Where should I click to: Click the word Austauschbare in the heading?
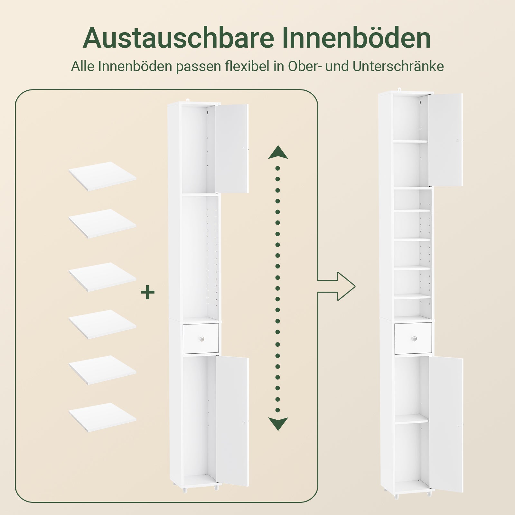179,38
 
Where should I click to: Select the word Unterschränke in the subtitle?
398,66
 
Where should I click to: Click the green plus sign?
148,293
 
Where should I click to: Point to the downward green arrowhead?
278,424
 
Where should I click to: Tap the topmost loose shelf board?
102,176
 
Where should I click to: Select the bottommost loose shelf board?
102,417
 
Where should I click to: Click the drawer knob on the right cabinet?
414,339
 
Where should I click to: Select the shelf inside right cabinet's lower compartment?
411,419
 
